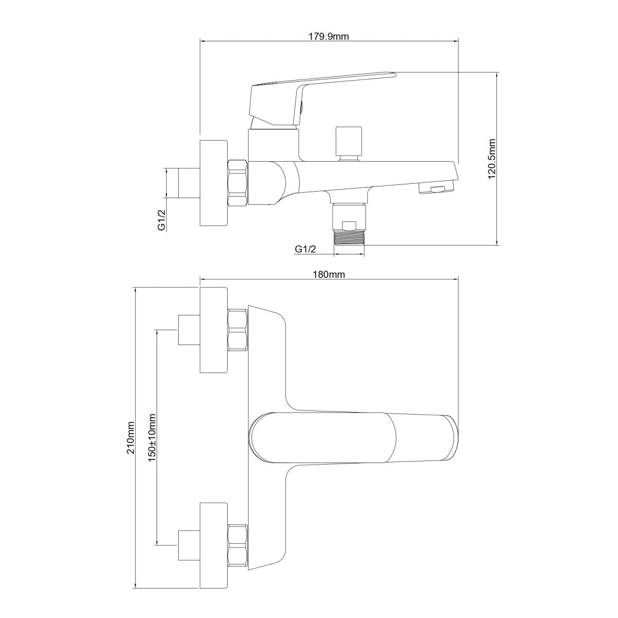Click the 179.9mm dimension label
pyautogui.click(x=329, y=37)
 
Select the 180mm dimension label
pyautogui.click(x=330, y=275)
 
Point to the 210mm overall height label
pyautogui.click(x=131, y=437)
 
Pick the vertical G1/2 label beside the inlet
pyautogui.click(x=162, y=219)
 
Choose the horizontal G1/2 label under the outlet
pyautogui.click(x=305, y=249)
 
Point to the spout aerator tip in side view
pyautogui.click(x=436, y=189)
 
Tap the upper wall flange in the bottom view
pyautogui.click(x=214, y=330)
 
